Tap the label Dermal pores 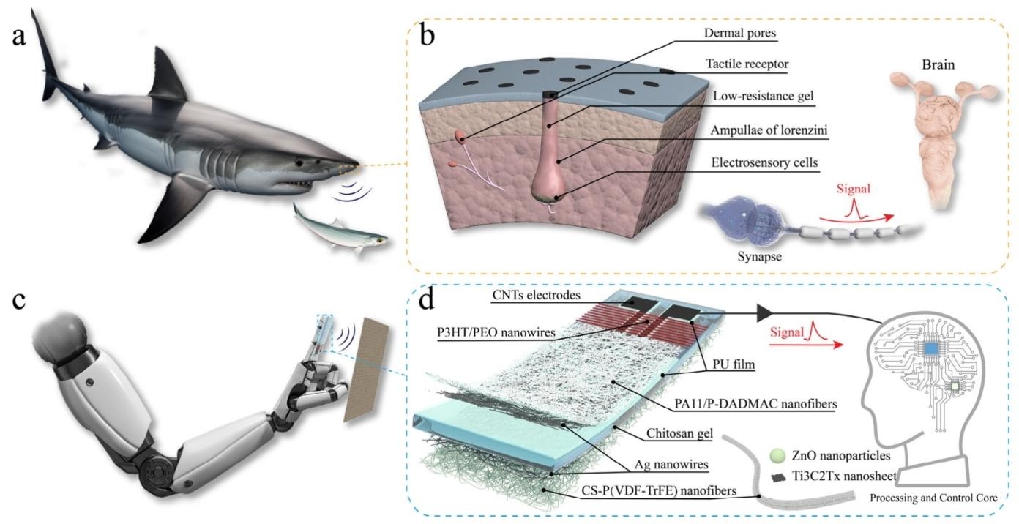pos(739,33)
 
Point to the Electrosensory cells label pos(765,162)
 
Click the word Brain pos(938,64)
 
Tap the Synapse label pos(759,257)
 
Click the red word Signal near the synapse pos(853,189)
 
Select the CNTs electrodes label pos(537,295)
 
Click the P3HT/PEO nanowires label pos(496,332)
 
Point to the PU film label pos(734,364)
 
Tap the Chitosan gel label pos(679,433)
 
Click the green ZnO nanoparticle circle pos(778,455)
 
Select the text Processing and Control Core pos(933,498)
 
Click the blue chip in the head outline pos(932,348)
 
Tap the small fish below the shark pos(340,229)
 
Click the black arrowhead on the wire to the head pos(765,313)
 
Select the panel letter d pos(427,300)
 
